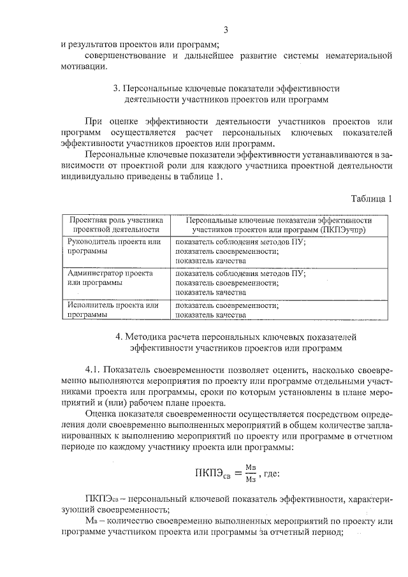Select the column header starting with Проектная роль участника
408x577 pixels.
tap(116, 224)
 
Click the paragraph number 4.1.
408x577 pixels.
tap(94, 369)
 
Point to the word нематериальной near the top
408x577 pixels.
tap(354, 55)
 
